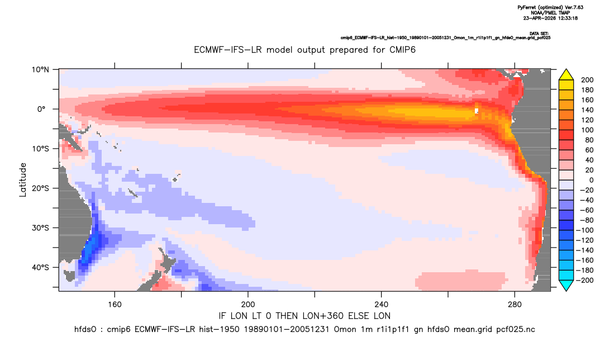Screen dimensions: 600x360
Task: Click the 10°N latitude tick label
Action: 40,70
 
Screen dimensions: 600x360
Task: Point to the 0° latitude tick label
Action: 41,109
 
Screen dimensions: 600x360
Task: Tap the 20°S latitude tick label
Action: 40,188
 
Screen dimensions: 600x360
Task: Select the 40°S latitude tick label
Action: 40,267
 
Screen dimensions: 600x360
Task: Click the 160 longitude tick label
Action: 115,305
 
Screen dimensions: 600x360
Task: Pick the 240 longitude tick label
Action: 381,305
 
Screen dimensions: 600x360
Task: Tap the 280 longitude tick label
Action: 515,305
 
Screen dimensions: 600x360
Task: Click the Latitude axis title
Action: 23,180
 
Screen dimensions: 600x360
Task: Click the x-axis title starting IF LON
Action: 304,316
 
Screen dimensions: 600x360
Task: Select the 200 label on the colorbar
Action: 587,80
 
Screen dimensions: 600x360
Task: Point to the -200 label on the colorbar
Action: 585,280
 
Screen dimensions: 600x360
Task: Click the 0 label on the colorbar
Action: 592,180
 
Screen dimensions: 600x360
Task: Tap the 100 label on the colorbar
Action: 587,130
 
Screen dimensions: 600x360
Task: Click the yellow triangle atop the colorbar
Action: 566,75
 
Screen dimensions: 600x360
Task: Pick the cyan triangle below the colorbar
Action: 566,285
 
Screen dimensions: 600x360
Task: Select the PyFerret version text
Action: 550,8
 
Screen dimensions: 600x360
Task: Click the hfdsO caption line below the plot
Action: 304,329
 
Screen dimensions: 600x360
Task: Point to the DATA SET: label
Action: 539,34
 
